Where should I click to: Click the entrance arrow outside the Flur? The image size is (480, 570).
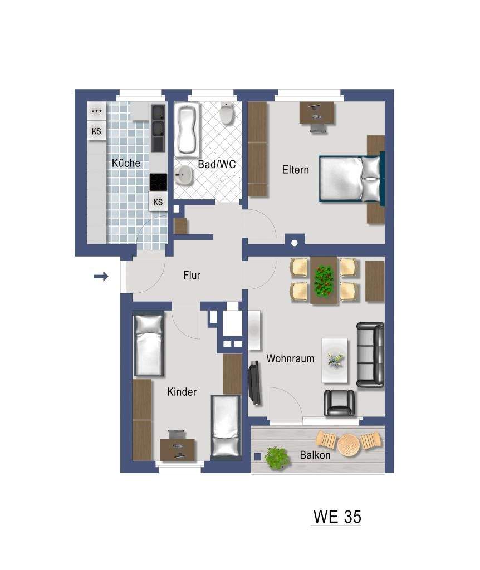click(101, 277)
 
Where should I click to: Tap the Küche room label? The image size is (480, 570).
click(126, 163)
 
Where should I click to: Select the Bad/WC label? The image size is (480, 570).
click(217, 164)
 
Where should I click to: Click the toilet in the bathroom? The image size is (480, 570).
click(227, 113)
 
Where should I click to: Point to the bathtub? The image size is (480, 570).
click(187, 129)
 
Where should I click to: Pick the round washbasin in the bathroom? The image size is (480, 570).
click(184, 175)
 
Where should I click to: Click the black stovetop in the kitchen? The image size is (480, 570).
click(159, 182)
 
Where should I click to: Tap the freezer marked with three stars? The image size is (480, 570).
click(97, 111)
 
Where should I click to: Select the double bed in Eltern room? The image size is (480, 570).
click(351, 178)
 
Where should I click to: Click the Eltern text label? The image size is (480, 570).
click(295, 170)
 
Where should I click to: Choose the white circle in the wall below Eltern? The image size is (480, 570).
click(295, 243)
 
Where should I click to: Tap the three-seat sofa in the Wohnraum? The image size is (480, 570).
click(370, 355)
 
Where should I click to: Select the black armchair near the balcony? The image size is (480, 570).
click(339, 403)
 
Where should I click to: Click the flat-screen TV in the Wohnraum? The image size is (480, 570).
click(254, 383)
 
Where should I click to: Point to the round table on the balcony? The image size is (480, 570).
click(349, 444)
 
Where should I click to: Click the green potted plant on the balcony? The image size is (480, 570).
click(277, 458)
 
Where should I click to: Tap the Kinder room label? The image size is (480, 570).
click(182, 392)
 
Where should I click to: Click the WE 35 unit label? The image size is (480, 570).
click(337, 517)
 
